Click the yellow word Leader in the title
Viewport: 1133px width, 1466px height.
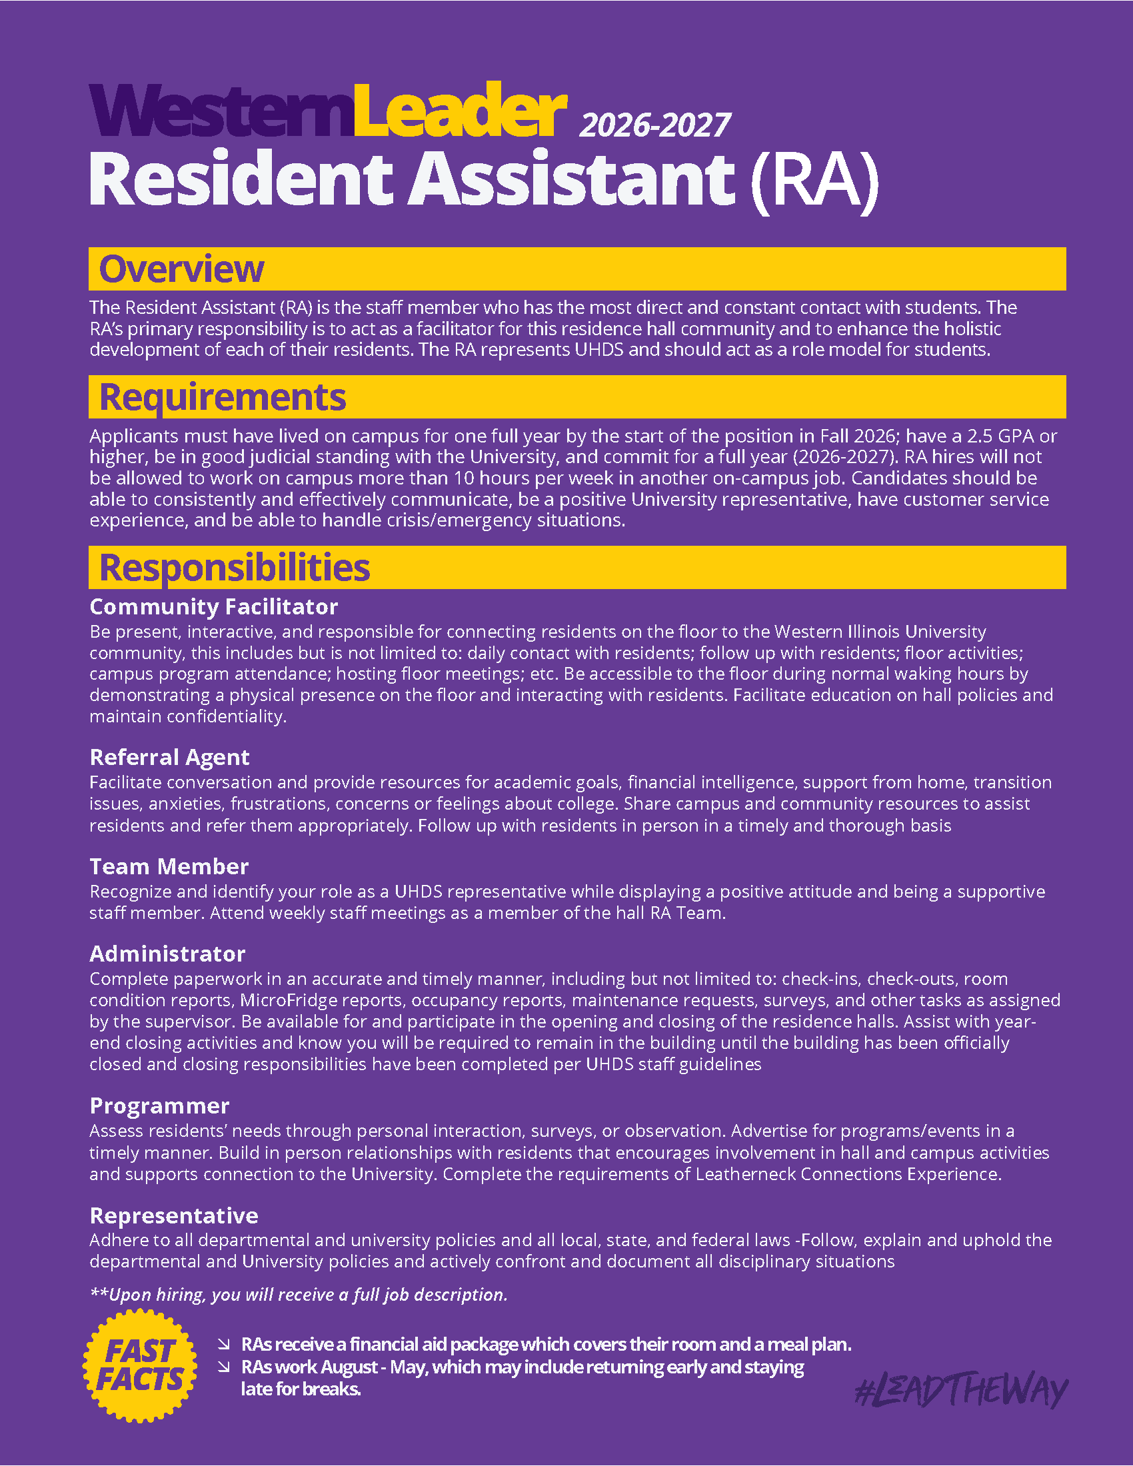point(460,111)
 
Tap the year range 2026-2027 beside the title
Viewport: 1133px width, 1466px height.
point(654,125)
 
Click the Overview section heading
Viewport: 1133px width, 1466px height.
point(181,269)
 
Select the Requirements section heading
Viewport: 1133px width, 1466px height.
point(222,397)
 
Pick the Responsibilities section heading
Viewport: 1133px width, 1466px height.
point(234,568)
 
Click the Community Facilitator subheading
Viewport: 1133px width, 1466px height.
point(213,607)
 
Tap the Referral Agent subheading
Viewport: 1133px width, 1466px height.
point(169,757)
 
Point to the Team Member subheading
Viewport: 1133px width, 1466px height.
point(169,866)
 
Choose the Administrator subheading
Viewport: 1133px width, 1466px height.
point(167,954)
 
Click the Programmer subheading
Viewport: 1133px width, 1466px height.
point(159,1105)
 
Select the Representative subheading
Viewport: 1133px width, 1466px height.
point(174,1215)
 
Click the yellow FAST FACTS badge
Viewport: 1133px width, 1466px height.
point(139,1365)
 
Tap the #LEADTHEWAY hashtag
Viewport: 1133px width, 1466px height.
point(961,1391)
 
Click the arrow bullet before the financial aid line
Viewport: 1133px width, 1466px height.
point(223,1344)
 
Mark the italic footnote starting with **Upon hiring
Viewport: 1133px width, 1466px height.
point(299,1295)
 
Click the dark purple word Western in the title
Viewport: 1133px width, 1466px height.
point(221,111)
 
